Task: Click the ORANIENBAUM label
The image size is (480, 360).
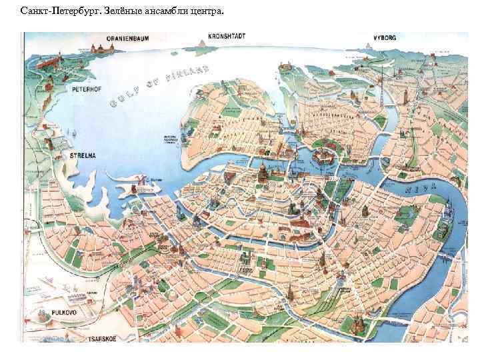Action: point(109,37)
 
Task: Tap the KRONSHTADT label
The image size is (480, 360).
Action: point(225,35)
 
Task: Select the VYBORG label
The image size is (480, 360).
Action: point(385,38)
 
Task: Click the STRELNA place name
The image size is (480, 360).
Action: point(83,155)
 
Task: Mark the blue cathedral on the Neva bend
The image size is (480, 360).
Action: point(445,215)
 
